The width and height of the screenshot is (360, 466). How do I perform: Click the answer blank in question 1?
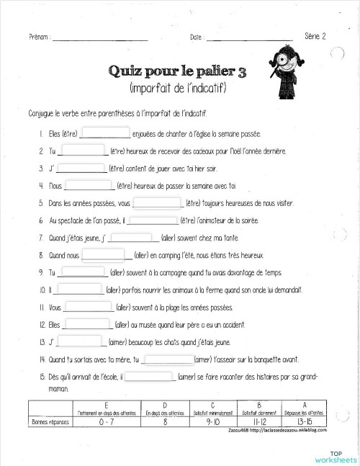coord(107,133)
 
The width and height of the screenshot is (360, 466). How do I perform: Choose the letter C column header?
coord(212,405)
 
